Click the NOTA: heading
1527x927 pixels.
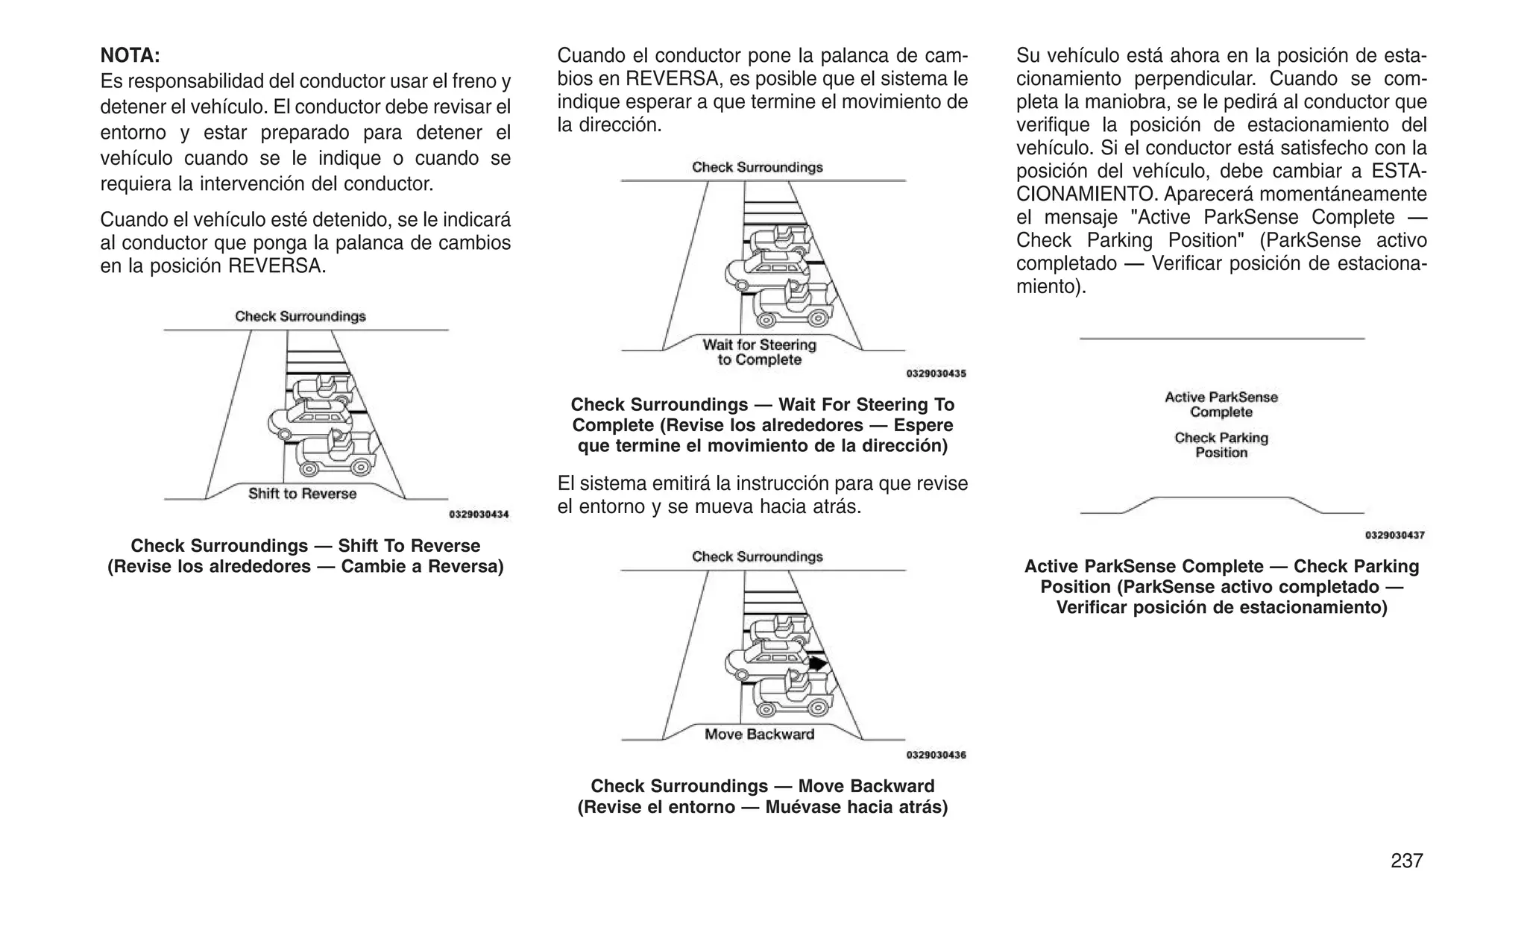(130, 55)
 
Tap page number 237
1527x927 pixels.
(1406, 861)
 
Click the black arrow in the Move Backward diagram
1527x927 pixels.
(819, 662)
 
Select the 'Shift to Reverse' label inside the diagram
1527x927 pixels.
(302, 494)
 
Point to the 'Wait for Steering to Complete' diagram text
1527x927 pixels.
(759, 352)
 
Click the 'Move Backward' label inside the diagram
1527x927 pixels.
(759, 735)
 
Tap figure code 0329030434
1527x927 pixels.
(479, 515)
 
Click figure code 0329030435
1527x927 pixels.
(936, 374)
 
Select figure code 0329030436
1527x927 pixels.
(936, 755)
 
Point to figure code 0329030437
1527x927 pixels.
(1394, 535)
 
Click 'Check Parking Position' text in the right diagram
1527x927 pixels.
(1221, 445)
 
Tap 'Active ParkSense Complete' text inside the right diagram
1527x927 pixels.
(1221, 404)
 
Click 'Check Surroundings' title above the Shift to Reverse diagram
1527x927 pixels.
(300, 316)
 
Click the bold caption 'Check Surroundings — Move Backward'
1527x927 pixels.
(762, 786)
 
